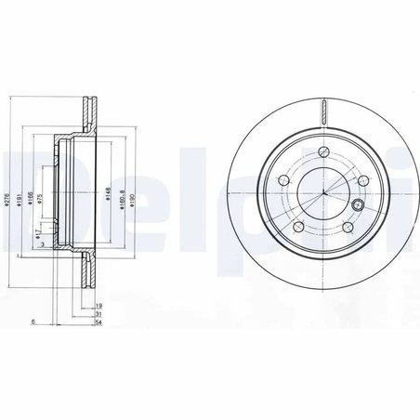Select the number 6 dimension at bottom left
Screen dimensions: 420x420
point(33,322)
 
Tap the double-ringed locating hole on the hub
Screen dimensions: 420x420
point(358,205)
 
